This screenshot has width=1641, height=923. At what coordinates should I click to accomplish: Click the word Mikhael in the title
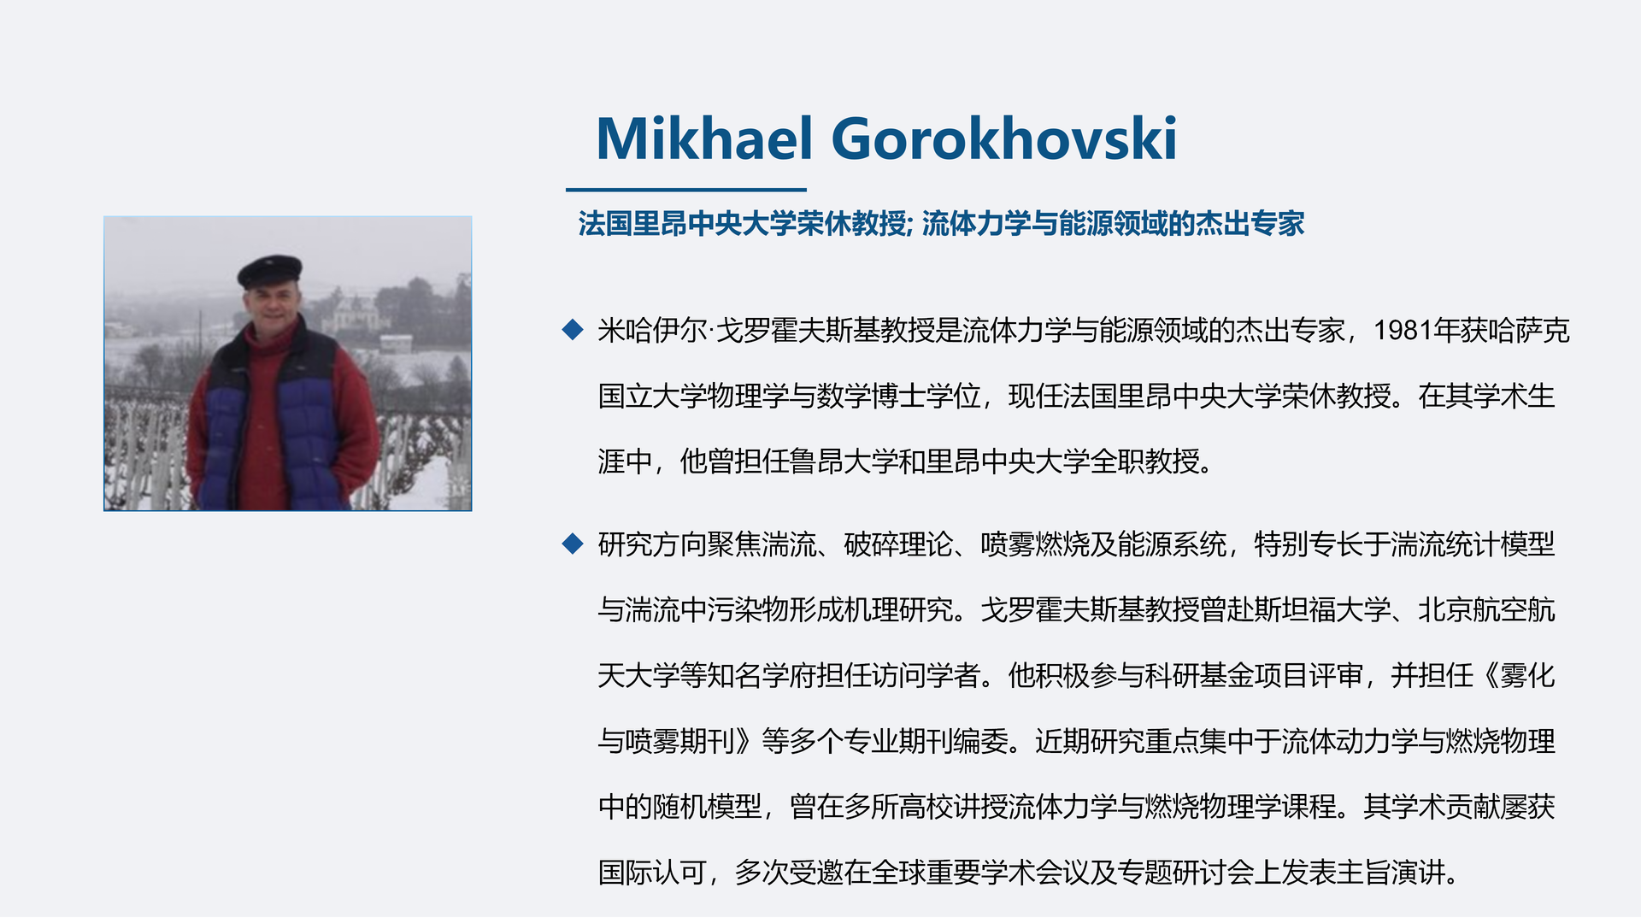click(704, 138)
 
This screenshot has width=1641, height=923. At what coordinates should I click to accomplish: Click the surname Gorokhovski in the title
click(1004, 138)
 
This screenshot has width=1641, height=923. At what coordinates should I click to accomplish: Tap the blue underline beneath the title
click(685, 190)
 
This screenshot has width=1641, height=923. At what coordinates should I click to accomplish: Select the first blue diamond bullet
click(573, 330)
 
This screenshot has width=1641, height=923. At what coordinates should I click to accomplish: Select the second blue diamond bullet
click(573, 544)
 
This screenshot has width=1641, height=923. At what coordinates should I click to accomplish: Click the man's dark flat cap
click(269, 271)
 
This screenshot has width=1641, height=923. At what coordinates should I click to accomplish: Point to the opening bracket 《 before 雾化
click(1487, 676)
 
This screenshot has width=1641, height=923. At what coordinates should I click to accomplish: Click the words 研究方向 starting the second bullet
click(652, 544)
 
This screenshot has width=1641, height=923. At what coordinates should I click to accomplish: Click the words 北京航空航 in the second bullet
click(1486, 610)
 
